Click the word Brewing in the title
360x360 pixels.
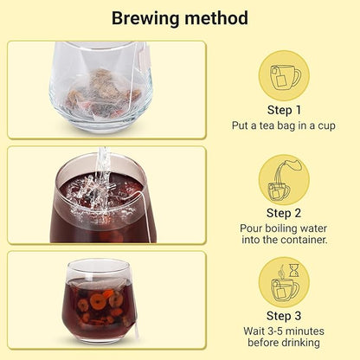click(145, 19)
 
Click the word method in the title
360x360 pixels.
click(216, 18)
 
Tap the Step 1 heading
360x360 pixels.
click(284, 110)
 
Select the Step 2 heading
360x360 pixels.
click(284, 213)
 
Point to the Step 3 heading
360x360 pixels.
click(284, 316)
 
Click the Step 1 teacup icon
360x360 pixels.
click(285, 76)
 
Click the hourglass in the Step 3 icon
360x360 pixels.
click(294, 270)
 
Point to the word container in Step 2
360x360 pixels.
click(299, 240)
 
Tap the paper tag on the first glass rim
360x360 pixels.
click(145, 58)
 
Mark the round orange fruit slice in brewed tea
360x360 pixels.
click(97, 302)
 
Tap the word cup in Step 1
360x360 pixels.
click(326, 126)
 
